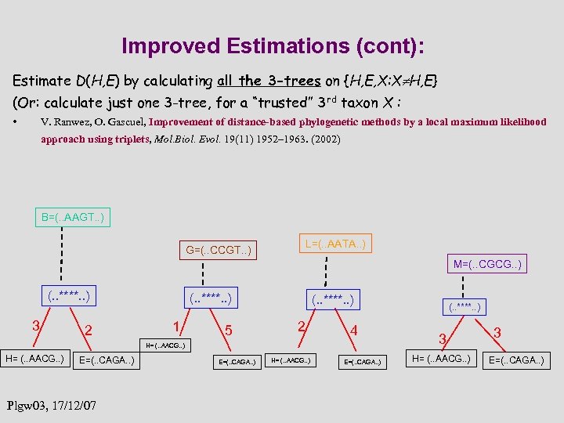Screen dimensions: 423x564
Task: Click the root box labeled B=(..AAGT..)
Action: coord(72,217)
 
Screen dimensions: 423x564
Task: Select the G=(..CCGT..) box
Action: coord(218,250)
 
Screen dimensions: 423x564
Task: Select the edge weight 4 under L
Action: coord(353,330)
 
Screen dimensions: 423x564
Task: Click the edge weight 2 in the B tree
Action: coord(89,330)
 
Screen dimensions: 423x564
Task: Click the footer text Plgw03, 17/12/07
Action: coord(52,406)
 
